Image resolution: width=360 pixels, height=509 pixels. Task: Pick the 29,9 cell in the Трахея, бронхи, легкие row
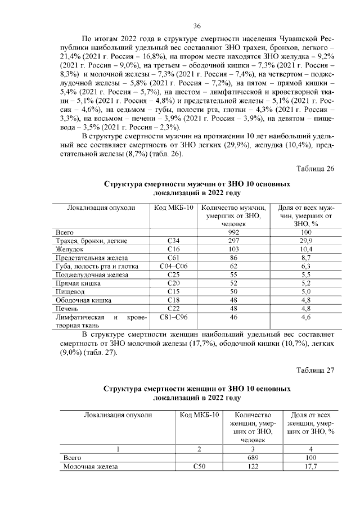(306, 241)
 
